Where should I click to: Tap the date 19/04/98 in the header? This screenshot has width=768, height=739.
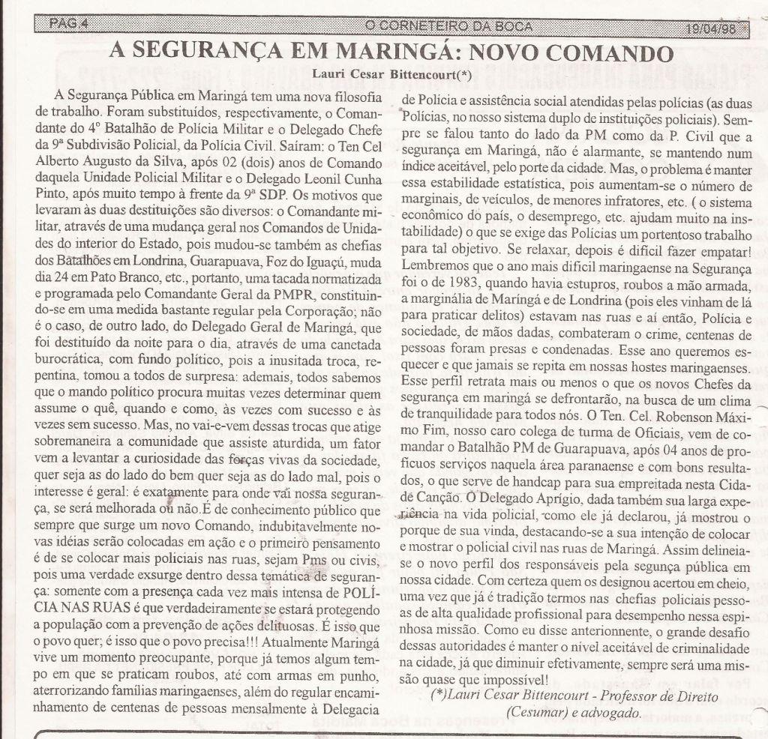[710, 26]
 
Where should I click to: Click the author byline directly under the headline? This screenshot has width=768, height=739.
[391, 75]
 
